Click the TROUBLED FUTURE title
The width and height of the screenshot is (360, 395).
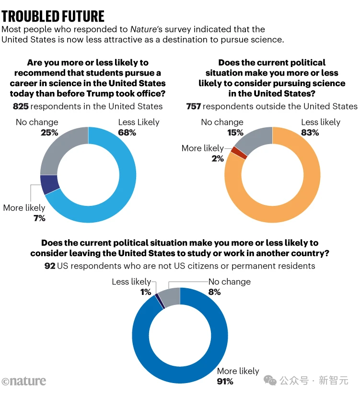[53, 16]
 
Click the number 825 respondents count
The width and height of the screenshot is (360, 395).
[21, 106]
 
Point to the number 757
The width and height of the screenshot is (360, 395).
[194, 106]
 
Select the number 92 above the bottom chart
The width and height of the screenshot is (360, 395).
[50, 266]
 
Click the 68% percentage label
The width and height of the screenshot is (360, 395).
[127, 133]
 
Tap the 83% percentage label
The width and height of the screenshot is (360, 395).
[310, 133]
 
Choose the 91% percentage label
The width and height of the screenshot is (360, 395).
[225, 382]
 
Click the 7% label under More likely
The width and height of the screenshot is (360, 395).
[39, 218]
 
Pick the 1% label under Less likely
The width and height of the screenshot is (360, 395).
[145, 292]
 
